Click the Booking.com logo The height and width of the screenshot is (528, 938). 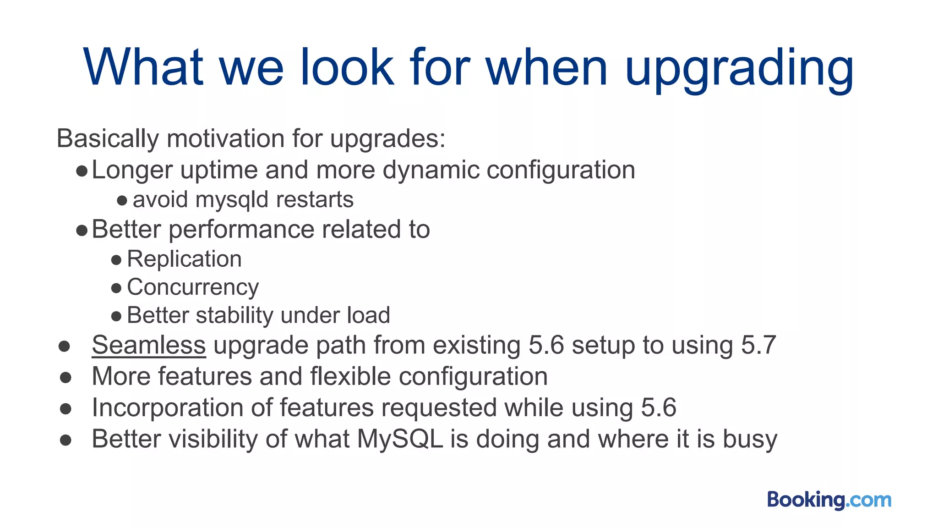829,500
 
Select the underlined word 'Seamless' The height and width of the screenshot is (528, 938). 149,345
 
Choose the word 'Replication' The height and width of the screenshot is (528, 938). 184,259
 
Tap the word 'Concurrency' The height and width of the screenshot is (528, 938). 193,287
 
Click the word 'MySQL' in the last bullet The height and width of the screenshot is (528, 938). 400,439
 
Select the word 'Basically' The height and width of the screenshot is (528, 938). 108,138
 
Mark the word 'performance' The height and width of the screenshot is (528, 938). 241,230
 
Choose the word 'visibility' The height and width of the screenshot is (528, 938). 213,439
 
